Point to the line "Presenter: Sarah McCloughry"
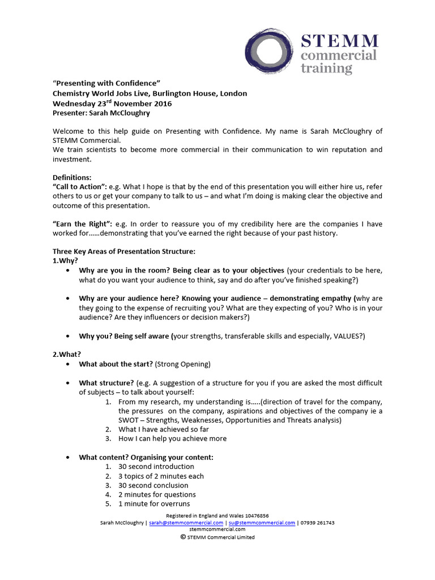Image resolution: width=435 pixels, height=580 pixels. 101,113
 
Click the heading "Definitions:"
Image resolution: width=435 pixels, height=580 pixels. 72,177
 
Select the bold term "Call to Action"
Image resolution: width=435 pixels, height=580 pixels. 80,187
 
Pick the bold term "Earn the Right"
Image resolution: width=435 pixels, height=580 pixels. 80,224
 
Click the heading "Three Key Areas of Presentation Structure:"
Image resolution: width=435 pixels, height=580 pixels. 123,251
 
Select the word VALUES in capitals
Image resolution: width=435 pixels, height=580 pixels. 342,336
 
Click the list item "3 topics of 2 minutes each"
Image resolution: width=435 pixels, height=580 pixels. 161,476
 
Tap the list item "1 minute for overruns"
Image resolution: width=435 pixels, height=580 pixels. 153,504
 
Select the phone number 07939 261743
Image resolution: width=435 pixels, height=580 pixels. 317,523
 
